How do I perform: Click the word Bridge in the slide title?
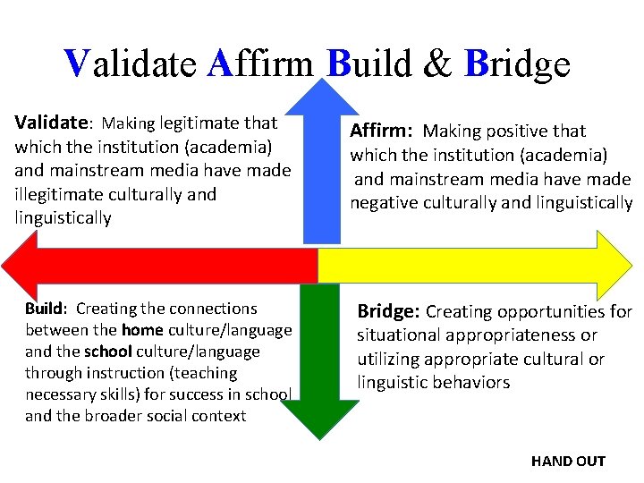pos(517,64)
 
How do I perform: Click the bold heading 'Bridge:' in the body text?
pos(388,312)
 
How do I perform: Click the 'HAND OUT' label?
pos(568,462)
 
